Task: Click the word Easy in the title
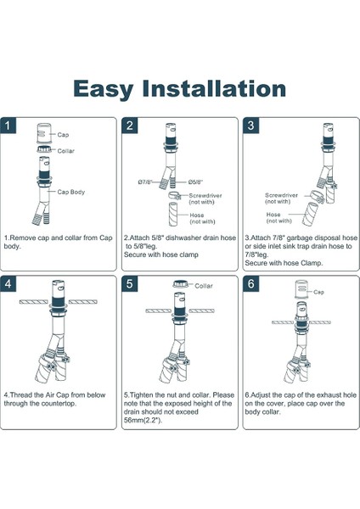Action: click(104, 89)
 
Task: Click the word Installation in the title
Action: click(215, 88)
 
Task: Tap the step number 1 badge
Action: click(8, 126)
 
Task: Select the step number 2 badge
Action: click(130, 126)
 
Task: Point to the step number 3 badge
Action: click(250, 126)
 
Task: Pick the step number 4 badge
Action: click(8, 284)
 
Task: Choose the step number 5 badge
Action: click(130, 284)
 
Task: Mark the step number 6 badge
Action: click(250, 284)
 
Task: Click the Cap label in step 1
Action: click(63, 135)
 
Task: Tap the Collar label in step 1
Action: click(65, 151)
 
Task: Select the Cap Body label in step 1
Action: click(70, 193)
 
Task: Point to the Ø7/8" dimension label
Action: click(145, 182)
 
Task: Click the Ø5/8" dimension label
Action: click(196, 182)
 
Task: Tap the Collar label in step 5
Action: click(204, 286)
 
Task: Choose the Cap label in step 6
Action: click(318, 292)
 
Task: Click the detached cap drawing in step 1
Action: click(44, 133)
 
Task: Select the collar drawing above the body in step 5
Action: click(180, 284)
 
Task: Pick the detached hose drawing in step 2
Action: click(173, 215)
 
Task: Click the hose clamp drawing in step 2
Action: click(175, 195)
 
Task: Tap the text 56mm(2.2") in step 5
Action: click(143, 420)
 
